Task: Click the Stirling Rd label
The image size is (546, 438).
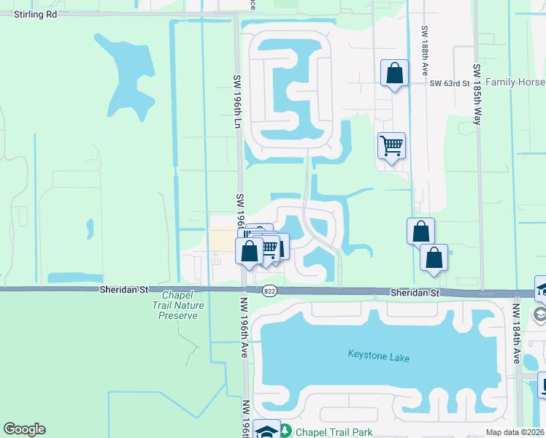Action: click(36, 14)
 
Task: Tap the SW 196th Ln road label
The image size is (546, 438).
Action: click(237, 101)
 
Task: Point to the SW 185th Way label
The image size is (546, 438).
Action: click(476, 95)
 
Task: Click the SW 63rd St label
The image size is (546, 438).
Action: click(449, 83)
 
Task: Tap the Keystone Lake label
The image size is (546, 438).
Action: click(379, 358)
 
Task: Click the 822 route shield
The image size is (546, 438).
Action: click(269, 291)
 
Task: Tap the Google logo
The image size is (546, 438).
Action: click(24, 429)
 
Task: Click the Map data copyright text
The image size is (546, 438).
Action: click(515, 432)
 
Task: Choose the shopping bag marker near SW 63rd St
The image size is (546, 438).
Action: click(394, 74)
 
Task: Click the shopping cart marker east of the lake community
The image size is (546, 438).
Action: click(392, 146)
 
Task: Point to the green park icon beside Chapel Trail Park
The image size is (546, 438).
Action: click(285, 431)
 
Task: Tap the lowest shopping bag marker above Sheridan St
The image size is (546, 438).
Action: click(434, 258)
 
